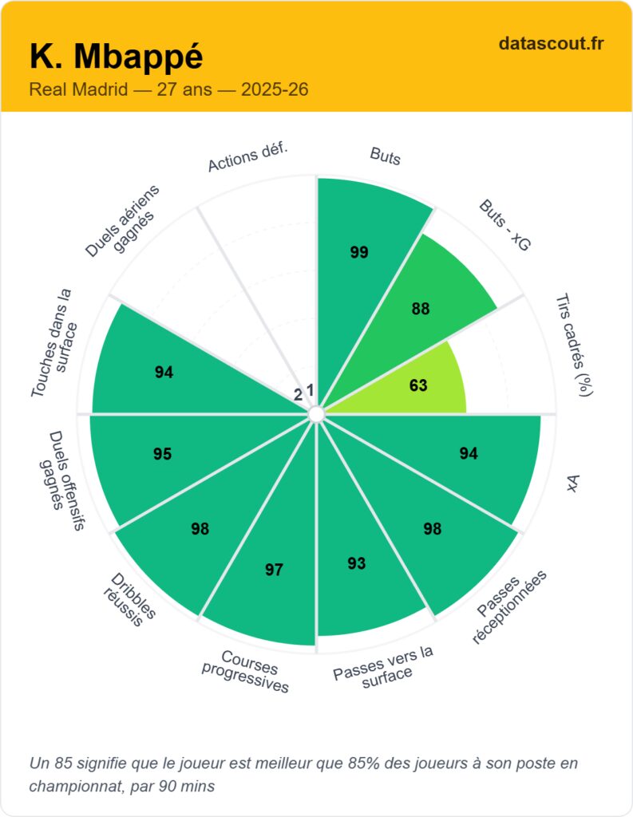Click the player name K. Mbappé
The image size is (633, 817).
tap(117, 57)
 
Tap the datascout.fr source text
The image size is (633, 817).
tap(551, 43)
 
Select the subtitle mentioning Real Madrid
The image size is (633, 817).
tap(168, 89)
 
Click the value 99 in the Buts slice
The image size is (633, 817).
tap(359, 252)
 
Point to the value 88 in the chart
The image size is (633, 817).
tap(420, 309)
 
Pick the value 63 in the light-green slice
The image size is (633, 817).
tap(418, 385)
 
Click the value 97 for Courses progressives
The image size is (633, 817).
tap(274, 570)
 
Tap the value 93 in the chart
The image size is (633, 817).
tap(357, 563)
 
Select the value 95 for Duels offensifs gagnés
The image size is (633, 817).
tap(162, 454)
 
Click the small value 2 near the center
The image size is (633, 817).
tap(298, 395)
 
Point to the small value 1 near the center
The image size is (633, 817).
tap(311, 390)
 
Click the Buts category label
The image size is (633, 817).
tap(386, 156)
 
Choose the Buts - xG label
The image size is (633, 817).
tap(504, 225)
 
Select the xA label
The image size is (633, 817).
tap(572, 483)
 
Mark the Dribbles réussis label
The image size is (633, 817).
tap(129, 600)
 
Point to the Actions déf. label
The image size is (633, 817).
tap(247, 156)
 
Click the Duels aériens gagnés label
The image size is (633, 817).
tap(123, 221)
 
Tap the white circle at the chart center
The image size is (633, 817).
tap(316, 414)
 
